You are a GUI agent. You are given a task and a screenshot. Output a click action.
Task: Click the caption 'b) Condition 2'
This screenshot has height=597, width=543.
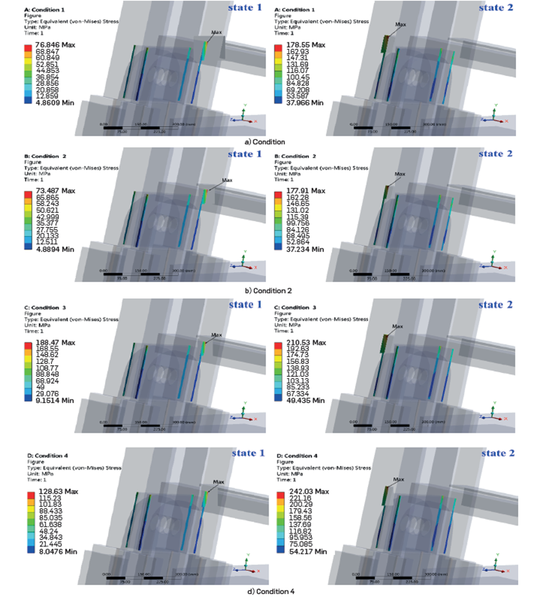(x=269, y=291)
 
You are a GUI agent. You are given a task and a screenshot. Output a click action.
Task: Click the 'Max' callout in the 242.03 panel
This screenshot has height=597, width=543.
(x=399, y=479)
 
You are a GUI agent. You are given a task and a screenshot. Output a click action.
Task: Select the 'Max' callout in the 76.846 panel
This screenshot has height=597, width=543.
(x=217, y=32)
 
